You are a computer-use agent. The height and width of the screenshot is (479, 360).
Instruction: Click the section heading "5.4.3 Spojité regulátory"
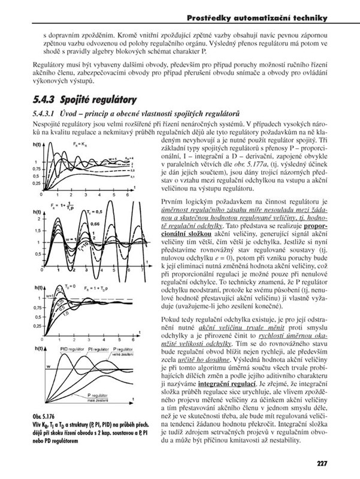click(x=84, y=98)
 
